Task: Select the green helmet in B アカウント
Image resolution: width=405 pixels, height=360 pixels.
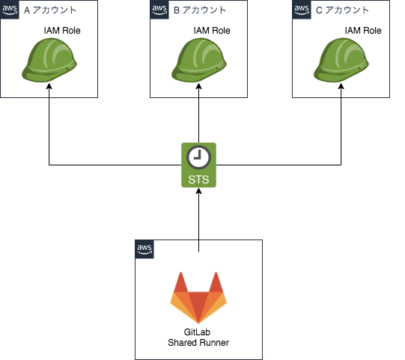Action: (x=198, y=61)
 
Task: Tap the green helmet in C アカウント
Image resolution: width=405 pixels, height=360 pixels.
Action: (x=341, y=61)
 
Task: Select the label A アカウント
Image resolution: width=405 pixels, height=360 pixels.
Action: (x=50, y=10)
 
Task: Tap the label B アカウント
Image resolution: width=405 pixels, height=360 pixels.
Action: (x=200, y=10)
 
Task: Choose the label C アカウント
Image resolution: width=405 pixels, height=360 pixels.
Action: (x=343, y=10)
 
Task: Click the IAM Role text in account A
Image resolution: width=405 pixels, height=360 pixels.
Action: (x=62, y=31)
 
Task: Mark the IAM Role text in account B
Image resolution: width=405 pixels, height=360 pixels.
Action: (x=211, y=31)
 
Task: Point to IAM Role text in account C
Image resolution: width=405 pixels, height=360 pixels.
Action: (x=363, y=31)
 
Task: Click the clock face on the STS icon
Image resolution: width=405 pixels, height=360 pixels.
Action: (x=198, y=156)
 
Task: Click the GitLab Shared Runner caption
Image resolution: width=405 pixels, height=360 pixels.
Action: (x=198, y=337)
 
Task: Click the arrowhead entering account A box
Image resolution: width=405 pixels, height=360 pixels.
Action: (x=49, y=92)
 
